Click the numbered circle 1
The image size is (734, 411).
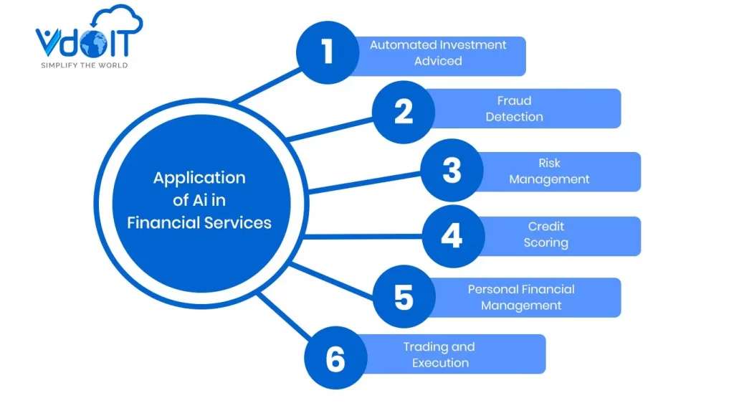(328, 52)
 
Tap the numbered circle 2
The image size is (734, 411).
(403, 112)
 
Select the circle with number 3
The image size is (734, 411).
(451, 171)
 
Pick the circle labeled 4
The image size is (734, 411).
(451, 235)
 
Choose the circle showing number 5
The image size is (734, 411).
(404, 297)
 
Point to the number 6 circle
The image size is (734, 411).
(335, 358)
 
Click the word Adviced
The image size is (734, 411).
(438, 61)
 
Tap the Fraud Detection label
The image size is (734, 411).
(514, 108)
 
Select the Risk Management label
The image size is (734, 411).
(549, 171)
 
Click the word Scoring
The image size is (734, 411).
(545, 243)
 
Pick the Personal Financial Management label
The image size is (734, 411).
(521, 297)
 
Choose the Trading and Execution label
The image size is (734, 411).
(439, 354)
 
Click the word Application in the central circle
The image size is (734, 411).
(199, 178)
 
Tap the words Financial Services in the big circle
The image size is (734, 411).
(199, 222)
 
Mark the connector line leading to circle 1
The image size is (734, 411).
(265, 86)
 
